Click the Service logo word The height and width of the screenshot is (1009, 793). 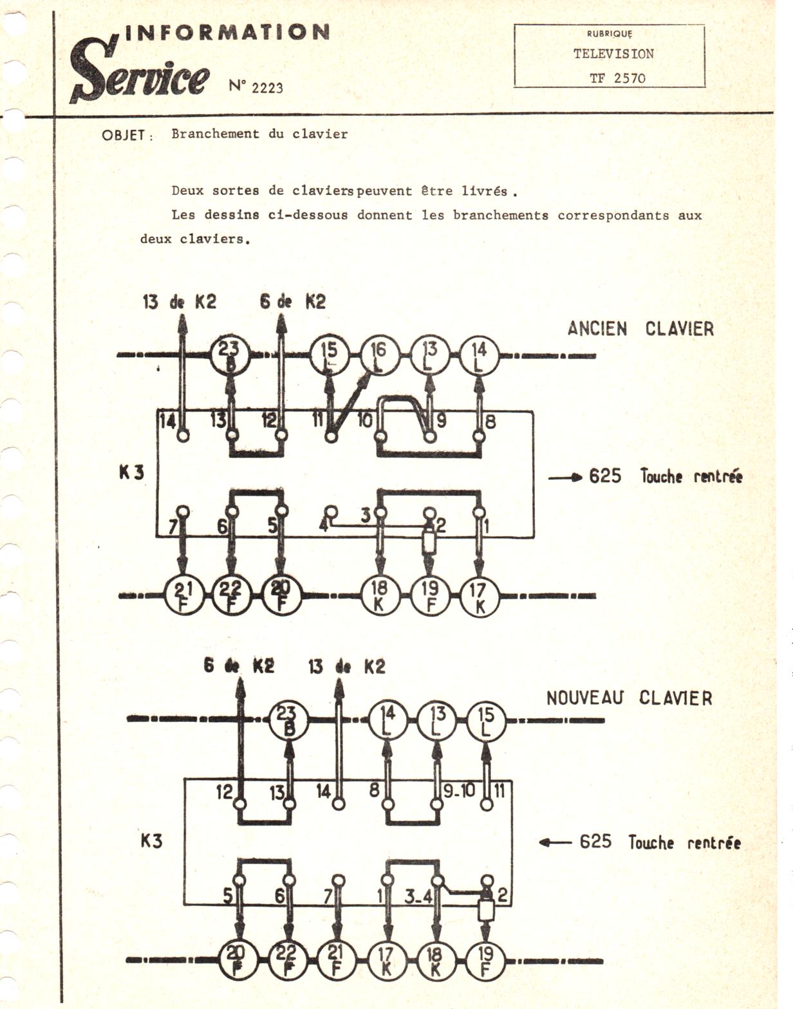pos(140,73)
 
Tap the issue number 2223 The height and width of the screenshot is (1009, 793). pos(266,88)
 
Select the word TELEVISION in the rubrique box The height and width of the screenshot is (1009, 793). pos(613,54)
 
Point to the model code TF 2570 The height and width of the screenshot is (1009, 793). pos(617,79)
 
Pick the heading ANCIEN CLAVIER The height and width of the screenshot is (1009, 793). pos(640,329)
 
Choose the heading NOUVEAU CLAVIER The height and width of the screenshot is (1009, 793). pos(629,698)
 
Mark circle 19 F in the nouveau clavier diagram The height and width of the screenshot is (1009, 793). pos(486,961)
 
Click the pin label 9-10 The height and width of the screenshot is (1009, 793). pos(460,791)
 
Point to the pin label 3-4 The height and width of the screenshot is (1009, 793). pos(418,896)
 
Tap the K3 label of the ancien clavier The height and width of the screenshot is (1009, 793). pos(132,472)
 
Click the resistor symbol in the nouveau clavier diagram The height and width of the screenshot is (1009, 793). pos(486,909)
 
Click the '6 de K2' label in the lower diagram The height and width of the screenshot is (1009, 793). pos(238,666)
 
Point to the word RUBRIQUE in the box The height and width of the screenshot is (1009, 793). pos(610,33)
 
